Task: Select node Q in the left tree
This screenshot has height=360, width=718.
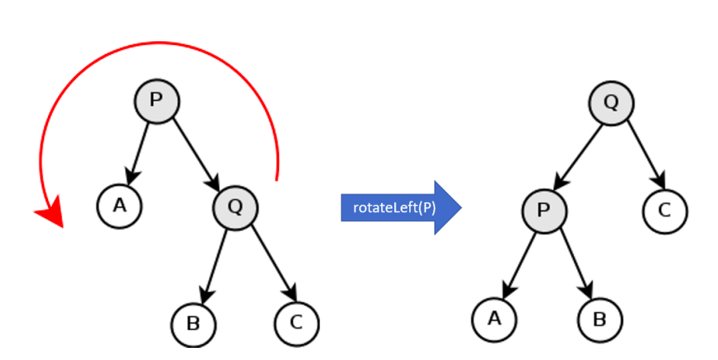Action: pyautogui.click(x=236, y=206)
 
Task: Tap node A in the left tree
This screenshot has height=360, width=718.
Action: pyautogui.click(x=120, y=206)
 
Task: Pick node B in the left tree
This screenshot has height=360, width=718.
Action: pyautogui.click(x=193, y=323)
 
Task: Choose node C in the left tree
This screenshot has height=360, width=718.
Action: pyautogui.click(x=296, y=323)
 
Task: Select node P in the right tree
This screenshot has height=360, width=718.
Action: pyautogui.click(x=543, y=210)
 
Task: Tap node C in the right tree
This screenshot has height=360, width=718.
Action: pyautogui.click(x=665, y=210)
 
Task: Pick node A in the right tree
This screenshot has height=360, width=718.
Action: pyautogui.click(x=494, y=318)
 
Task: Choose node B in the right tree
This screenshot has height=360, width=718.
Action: pyautogui.click(x=599, y=318)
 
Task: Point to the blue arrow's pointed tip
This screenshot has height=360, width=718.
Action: pyautogui.click(x=460, y=207)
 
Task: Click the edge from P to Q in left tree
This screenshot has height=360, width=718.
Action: pyautogui.click(x=195, y=153)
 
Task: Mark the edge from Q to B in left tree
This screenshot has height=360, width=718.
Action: pyautogui.click(x=215, y=263)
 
